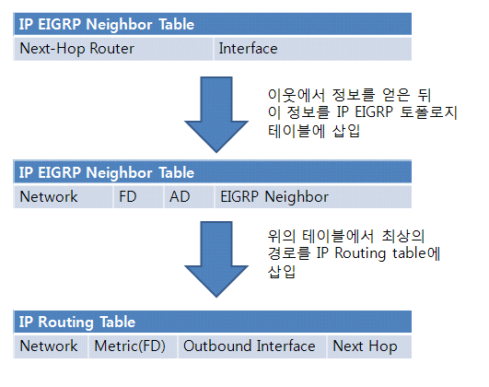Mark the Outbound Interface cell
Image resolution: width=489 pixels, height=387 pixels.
(249, 346)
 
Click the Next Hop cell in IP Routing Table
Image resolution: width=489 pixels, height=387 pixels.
(365, 346)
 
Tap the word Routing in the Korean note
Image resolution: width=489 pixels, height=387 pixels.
(357, 252)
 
